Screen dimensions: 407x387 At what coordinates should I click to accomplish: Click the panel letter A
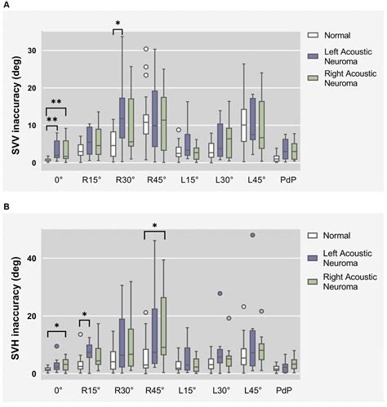click(x=6, y=6)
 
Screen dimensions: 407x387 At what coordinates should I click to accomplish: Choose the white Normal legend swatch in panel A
click(x=311, y=36)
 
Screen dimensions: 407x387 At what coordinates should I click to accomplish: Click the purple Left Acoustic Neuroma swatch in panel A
click(x=311, y=54)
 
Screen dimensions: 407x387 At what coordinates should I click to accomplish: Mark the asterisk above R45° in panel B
click(x=154, y=224)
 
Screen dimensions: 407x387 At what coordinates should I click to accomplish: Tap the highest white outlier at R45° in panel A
click(x=146, y=50)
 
